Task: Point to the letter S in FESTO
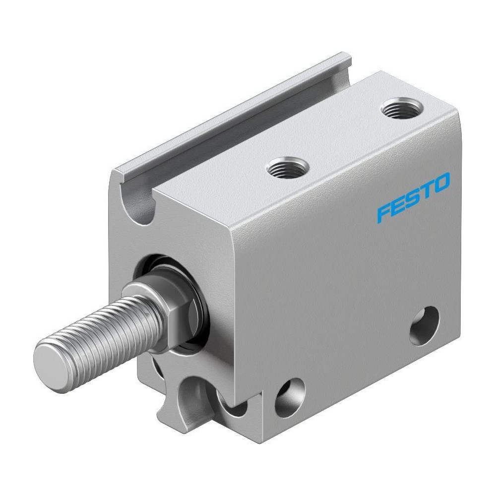(x=413, y=198)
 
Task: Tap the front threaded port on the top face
(x=287, y=167)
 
